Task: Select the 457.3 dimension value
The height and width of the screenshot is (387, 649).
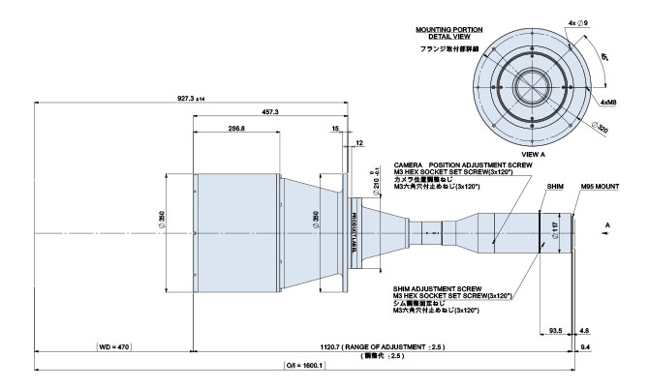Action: point(264,112)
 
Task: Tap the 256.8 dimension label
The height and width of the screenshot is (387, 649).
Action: point(235,128)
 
